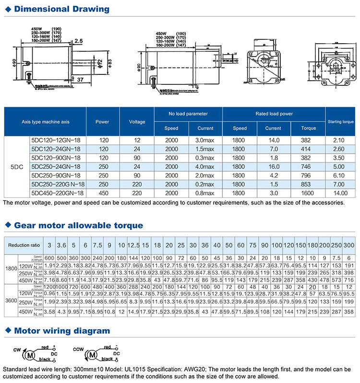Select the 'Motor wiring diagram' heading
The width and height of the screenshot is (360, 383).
coord(62,331)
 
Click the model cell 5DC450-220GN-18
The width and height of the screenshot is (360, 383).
coord(57,192)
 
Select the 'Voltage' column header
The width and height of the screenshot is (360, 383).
coord(137,122)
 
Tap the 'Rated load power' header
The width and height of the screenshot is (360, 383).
coord(274,114)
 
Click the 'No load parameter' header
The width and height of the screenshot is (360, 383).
coord(188,114)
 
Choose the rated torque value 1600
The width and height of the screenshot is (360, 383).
coord(307,192)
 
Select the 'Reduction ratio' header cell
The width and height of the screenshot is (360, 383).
coord(22,245)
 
